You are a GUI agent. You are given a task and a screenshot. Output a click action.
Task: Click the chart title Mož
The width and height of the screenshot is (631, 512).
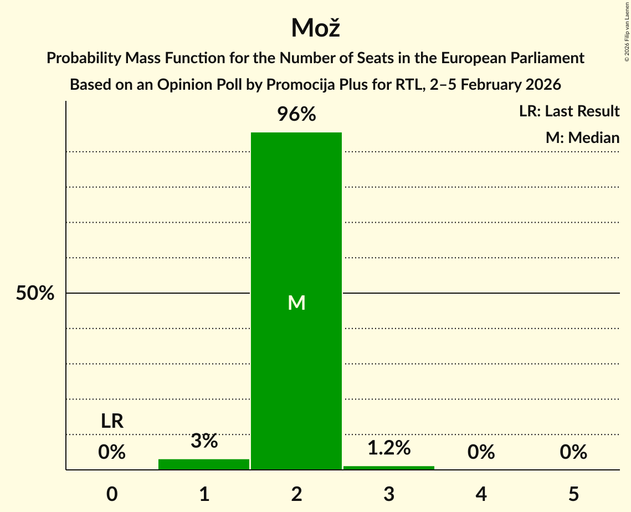pyautogui.click(x=315, y=28)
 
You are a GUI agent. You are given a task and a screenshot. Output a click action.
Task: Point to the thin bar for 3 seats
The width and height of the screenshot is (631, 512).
pyautogui.click(x=389, y=468)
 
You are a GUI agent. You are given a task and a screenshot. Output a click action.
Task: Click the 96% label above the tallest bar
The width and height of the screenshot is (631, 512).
pyautogui.click(x=296, y=115)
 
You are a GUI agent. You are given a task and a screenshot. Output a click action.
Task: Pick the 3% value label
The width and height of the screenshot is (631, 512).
pyautogui.click(x=204, y=441)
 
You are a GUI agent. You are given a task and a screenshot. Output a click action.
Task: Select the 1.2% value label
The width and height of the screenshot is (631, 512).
pyautogui.click(x=389, y=448)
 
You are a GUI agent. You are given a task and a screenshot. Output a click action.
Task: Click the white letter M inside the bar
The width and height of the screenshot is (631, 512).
pyautogui.click(x=296, y=303)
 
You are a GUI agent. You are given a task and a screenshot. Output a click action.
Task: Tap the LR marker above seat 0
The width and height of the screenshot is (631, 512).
pyautogui.click(x=112, y=422)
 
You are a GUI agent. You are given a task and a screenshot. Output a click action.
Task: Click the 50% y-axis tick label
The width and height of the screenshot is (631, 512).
pyautogui.click(x=35, y=294)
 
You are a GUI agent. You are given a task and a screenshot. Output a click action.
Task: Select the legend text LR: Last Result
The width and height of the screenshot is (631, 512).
pyautogui.click(x=569, y=111)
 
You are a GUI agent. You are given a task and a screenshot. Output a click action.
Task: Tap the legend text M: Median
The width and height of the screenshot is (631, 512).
pyautogui.click(x=582, y=137)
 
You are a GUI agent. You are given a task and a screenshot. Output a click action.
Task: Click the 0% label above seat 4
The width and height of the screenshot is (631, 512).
pyautogui.click(x=481, y=452)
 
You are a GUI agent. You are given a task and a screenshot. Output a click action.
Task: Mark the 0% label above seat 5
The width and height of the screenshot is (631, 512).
pyautogui.click(x=573, y=452)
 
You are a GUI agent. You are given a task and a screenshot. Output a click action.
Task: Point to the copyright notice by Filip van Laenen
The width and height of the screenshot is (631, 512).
pyautogui.click(x=627, y=30)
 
